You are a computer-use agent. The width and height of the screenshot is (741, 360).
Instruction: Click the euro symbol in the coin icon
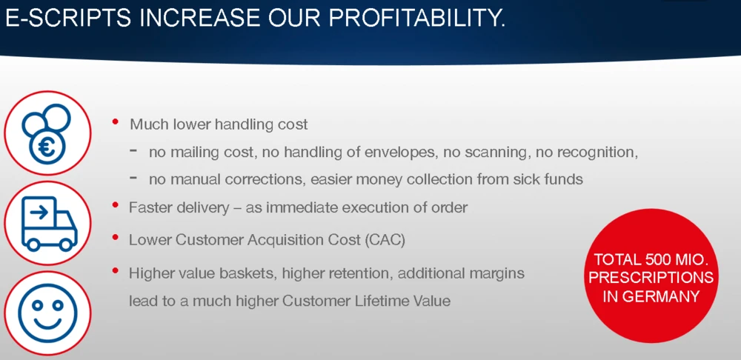47,147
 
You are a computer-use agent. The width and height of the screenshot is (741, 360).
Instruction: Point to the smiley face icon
47,313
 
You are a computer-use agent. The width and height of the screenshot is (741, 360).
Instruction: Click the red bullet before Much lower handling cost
116,122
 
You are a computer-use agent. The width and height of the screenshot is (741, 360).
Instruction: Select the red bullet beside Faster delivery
116,205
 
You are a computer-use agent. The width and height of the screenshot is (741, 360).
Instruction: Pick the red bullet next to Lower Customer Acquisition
116,238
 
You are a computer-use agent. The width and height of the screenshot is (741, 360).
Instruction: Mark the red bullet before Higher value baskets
116,270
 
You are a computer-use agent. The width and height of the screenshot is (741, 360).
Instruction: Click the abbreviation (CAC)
385,240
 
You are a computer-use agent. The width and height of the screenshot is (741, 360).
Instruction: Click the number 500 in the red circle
659,259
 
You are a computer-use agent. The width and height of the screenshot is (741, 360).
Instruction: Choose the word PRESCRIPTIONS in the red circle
651,278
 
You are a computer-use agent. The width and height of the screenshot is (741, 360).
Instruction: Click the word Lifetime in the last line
379,301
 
